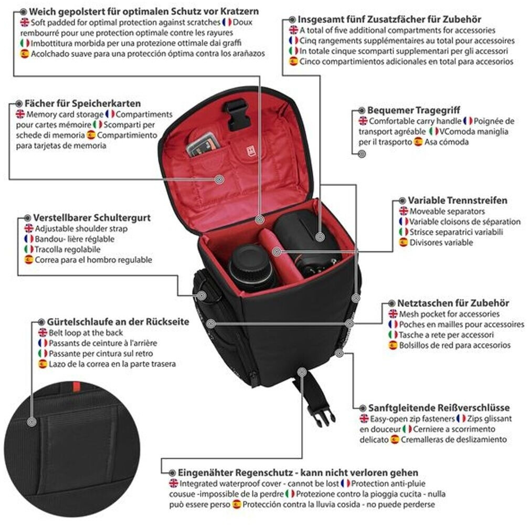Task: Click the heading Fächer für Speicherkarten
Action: click(82, 103)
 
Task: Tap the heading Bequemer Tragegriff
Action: click(406, 110)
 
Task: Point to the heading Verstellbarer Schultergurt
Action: click(92, 217)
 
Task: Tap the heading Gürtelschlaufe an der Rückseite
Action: click(118, 321)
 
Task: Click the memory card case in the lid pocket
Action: click(202, 143)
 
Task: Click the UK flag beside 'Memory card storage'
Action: click(20, 114)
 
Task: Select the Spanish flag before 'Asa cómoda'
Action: click(418, 142)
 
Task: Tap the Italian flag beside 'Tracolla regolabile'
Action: click(29, 249)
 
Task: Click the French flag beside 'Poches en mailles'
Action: click(394, 324)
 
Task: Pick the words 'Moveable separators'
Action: click(440, 211)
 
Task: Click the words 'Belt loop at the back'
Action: click(86, 332)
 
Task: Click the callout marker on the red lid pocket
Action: click(220, 180)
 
